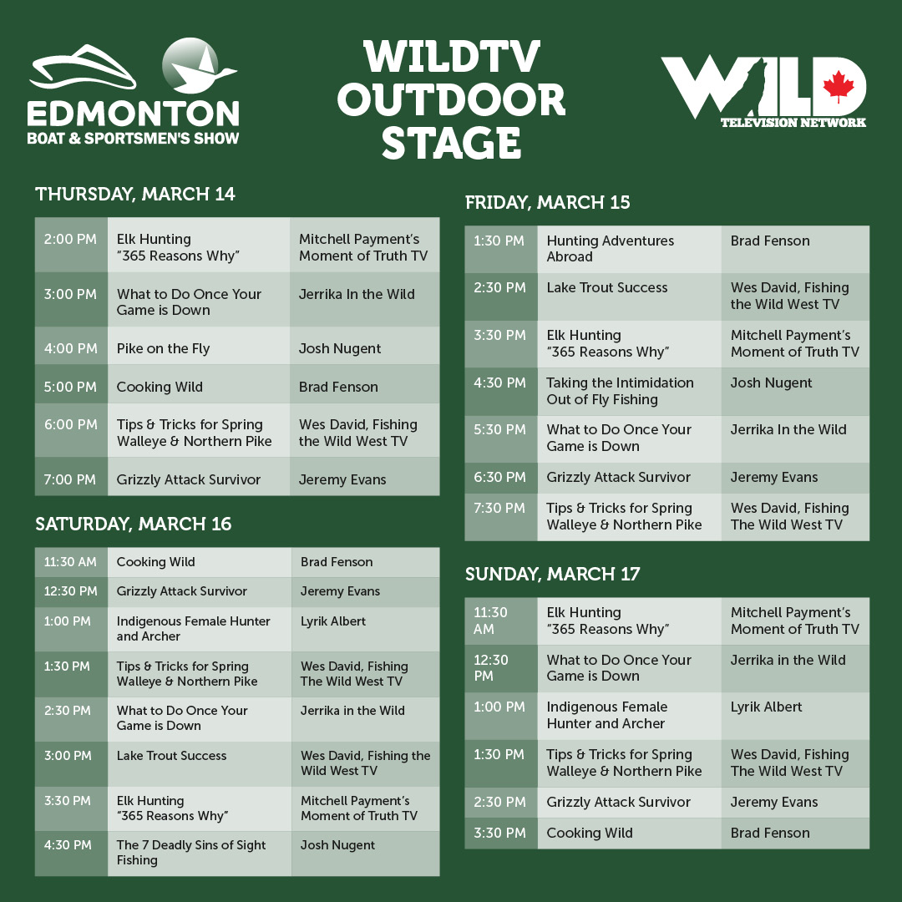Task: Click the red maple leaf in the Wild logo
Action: click(839, 86)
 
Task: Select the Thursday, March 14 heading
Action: click(135, 195)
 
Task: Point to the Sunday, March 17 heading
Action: click(552, 574)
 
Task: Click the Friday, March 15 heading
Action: click(547, 202)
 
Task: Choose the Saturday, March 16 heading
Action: click(134, 524)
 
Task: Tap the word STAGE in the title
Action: click(452, 144)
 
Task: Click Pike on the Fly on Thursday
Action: click(164, 348)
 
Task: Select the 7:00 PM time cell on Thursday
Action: click(70, 479)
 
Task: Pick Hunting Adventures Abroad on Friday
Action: click(611, 249)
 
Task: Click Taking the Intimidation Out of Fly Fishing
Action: click(620, 391)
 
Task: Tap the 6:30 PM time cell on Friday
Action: click(499, 478)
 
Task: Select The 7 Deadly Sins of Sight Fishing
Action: click(191, 853)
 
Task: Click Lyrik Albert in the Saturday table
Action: click(333, 621)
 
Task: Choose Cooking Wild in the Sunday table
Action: click(590, 833)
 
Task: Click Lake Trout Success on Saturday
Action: click(171, 756)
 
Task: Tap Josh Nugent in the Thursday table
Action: click(339, 348)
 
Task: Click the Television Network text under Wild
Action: click(793, 123)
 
